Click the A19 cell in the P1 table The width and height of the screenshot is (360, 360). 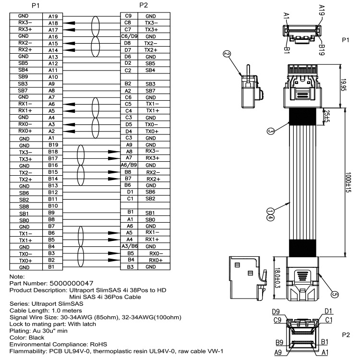click(53, 16)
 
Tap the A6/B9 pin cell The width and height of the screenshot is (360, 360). click(128, 165)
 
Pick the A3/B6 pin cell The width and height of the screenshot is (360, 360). click(128, 246)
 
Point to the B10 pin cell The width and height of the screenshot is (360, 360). click(53, 206)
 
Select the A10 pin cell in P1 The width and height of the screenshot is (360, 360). click(53, 77)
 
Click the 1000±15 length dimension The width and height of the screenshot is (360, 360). click(349, 182)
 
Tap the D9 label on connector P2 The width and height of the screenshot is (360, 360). click(276, 311)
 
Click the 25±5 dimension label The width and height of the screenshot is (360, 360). click(327, 115)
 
